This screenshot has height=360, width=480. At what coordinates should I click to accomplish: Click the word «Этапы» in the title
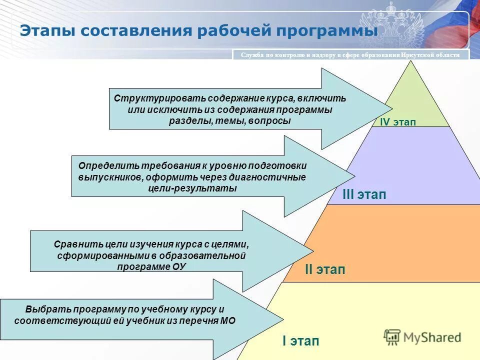coord(46,30)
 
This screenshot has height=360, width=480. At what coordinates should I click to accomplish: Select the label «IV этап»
coord(397,122)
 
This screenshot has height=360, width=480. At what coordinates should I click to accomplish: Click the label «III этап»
coord(364,195)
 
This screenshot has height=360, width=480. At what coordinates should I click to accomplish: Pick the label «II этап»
coord(325,270)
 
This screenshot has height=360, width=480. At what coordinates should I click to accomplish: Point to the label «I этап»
coord(300,341)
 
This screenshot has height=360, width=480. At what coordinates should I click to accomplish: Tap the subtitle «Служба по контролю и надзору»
coord(290,55)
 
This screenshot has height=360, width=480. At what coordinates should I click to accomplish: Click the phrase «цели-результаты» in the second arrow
coord(192,188)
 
